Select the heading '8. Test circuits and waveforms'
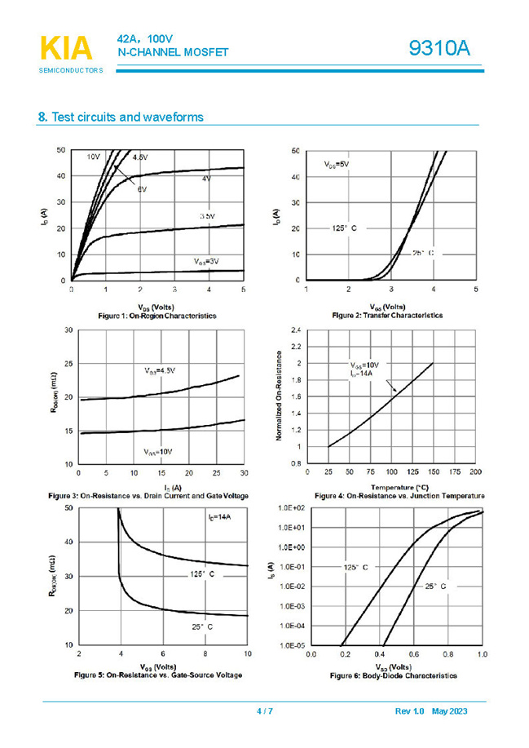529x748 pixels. click(x=121, y=117)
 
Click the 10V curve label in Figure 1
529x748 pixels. click(x=94, y=156)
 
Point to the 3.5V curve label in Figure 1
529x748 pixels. click(x=207, y=215)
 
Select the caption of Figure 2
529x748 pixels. click(x=387, y=315)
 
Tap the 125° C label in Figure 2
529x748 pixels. click(x=344, y=228)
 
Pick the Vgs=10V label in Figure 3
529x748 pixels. click(x=159, y=451)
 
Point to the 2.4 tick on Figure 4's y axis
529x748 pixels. click(x=295, y=330)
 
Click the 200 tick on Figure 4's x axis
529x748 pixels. click(x=476, y=472)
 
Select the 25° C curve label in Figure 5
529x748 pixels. click(x=202, y=626)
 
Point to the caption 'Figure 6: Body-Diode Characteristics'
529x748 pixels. click(x=393, y=675)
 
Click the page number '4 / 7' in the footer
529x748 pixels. click(x=264, y=712)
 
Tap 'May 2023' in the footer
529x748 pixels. click(x=450, y=712)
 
